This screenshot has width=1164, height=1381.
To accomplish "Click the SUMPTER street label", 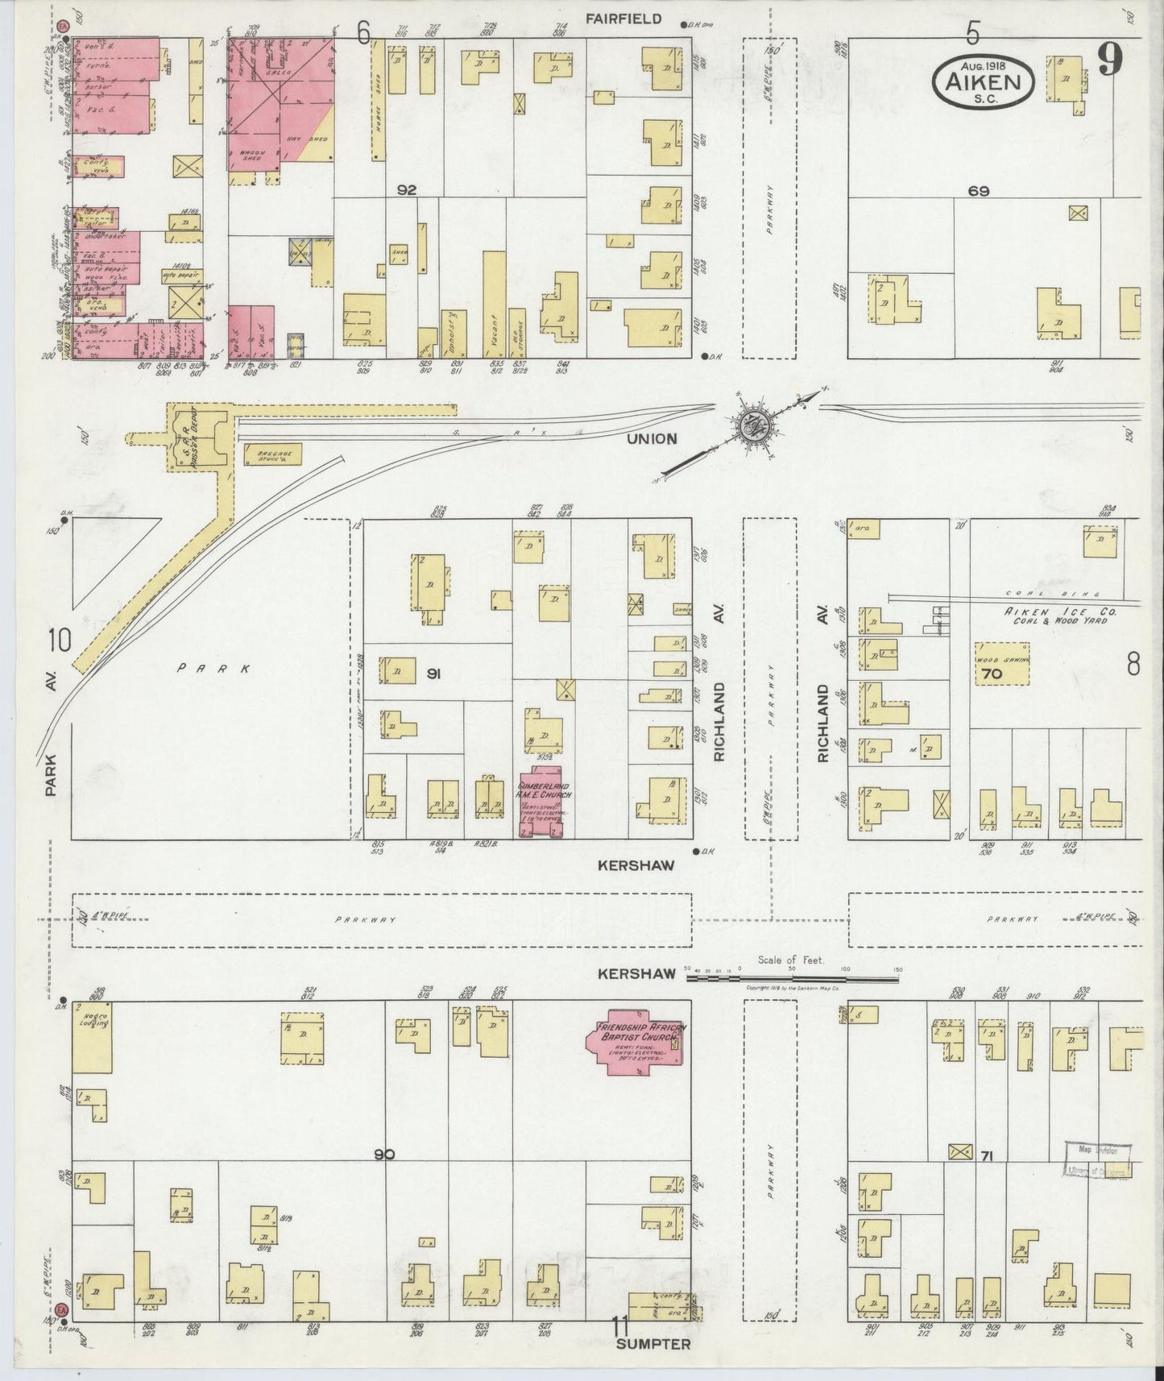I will (653, 1344).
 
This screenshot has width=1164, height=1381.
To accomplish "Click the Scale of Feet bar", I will (793, 979).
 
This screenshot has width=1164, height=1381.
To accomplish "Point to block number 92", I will (406, 190).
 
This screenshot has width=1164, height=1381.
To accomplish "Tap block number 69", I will (979, 191).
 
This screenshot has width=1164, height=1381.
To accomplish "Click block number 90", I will (384, 1155).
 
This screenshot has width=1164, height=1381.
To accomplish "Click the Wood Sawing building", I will (1003, 663).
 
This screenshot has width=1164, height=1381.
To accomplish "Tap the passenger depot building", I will (197, 438).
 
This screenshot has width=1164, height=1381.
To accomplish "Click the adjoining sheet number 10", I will (60, 641).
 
